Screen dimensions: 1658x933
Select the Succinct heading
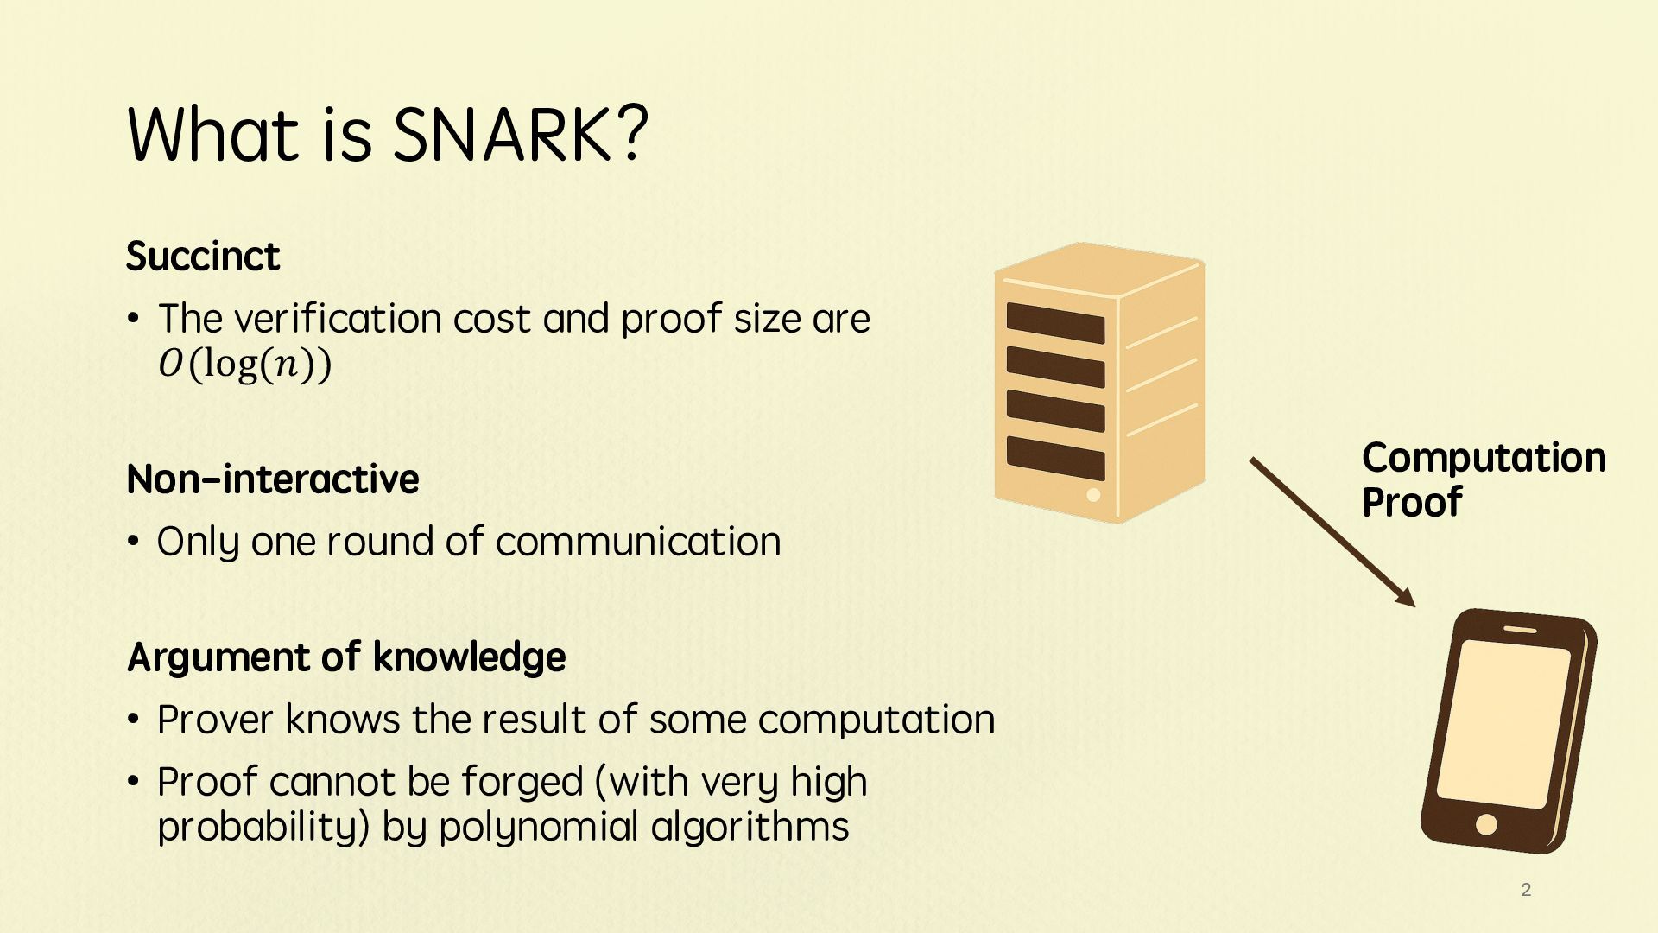203,257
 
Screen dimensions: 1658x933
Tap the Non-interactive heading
273,479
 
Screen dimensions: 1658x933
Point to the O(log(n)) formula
244,364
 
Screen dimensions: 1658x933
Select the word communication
638,543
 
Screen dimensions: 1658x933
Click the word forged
522,783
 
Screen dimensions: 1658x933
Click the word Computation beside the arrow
1484,458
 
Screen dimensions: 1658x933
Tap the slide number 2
1526,890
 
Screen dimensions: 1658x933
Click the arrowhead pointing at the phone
1406,597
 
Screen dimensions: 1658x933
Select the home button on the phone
1486,823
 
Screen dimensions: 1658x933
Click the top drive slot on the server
1055,323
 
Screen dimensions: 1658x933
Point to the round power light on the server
1093,495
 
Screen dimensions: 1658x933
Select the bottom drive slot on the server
1055,458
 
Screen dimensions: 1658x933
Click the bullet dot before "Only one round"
133,543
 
